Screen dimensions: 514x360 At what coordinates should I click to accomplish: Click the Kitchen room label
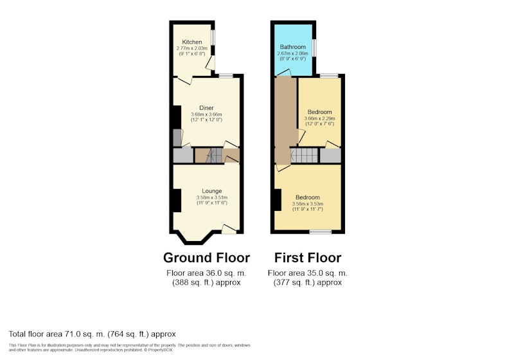pos(191,42)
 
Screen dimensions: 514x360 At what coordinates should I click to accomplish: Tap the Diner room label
pos(206,108)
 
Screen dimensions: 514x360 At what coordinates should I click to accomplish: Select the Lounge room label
pos(212,191)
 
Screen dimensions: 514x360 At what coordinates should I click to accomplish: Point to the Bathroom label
pos(293,47)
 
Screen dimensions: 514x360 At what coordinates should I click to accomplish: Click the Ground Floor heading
pos(206,258)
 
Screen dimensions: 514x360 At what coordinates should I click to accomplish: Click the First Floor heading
pos(308,258)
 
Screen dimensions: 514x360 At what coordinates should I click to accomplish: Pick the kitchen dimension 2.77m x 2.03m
pos(191,48)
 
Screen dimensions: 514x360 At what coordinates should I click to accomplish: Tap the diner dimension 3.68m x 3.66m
pos(206,114)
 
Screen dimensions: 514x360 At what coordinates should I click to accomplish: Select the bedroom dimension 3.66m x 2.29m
pos(319,118)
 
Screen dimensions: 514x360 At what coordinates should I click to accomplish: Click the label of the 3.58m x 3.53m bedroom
pos(308,197)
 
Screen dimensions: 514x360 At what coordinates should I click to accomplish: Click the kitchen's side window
pos(213,37)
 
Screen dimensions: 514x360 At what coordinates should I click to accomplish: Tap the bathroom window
pos(314,48)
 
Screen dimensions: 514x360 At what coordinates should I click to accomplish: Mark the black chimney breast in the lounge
pos(177,201)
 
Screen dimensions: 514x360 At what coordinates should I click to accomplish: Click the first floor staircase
pos(304,156)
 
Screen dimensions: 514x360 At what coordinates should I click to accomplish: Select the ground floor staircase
pos(214,156)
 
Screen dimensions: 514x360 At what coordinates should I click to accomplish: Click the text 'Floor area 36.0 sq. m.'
pos(206,273)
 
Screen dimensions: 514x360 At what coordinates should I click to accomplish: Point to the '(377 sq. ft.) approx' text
pos(308,282)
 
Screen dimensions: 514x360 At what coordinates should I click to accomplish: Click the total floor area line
pos(92,334)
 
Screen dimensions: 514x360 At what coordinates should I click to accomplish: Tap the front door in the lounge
pos(229,229)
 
